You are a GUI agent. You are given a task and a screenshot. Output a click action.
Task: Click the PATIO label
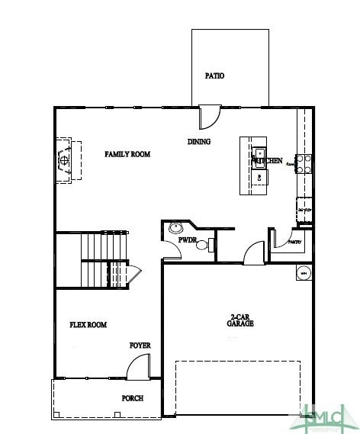pyautogui.click(x=215, y=76)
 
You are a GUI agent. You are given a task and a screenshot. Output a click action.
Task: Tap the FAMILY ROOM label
pyautogui.click(x=127, y=154)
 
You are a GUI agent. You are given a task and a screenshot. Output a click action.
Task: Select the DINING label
pyautogui.click(x=199, y=142)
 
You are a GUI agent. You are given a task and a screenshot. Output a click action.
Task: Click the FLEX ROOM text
pyautogui.click(x=88, y=325)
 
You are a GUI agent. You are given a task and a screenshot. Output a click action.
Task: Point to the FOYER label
pyautogui.click(x=140, y=346)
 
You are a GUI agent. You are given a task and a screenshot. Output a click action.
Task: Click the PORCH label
pyautogui.click(x=133, y=398)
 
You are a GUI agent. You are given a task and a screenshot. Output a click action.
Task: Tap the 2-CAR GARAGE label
pyautogui.click(x=240, y=320)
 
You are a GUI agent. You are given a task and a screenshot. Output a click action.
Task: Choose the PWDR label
pyautogui.click(x=188, y=240)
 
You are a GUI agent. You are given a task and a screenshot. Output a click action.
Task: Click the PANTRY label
pyautogui.click(x=296, y=243)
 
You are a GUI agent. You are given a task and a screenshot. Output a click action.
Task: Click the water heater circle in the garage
pyautogui.click(x=303, y=273)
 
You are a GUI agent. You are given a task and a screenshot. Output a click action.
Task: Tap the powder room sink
pyautogui.click(x=177, y=227)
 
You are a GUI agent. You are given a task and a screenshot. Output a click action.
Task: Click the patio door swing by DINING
pyautogui.click(x=208, y=116)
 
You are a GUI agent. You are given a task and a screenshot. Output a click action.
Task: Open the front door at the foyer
pyautogui.click(x=137, y=369)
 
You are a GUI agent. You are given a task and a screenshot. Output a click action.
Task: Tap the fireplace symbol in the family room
pyautogui.click(x=66, y=160)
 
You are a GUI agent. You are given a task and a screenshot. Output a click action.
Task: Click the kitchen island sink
pyautogui.click(x=259, y=152)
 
